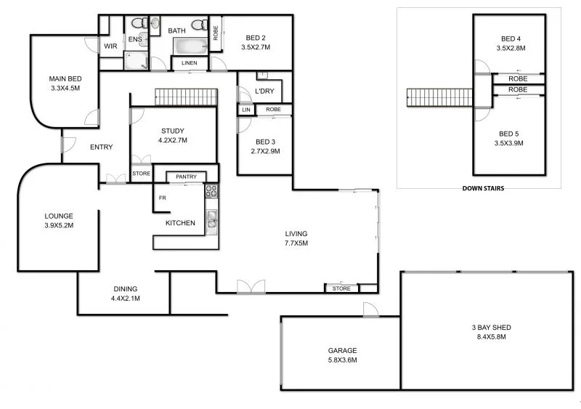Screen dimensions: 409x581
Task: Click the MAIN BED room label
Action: point(64,78)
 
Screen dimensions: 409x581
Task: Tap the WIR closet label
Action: point(111,46)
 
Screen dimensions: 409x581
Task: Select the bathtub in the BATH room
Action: point(190,46)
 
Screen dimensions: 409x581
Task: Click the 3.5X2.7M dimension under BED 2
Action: point(256,48)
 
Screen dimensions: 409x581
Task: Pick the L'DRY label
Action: point(264,92)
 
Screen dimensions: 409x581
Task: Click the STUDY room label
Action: point(174,131)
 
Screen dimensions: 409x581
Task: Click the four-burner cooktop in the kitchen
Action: point(211,192)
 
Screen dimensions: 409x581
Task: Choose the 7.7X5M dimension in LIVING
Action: point(296,243)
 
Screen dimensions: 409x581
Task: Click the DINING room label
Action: point(125,289)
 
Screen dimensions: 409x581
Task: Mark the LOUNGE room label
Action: point(59,216)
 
